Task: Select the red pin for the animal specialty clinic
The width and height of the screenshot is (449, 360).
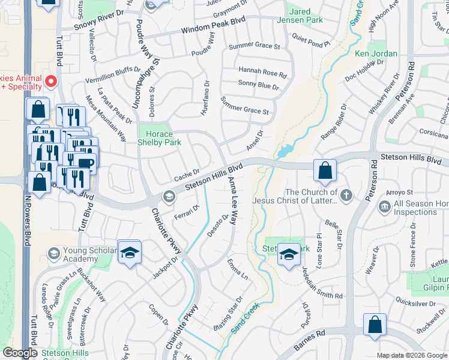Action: point(51,81)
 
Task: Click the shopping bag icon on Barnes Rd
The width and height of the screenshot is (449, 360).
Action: point(375,325)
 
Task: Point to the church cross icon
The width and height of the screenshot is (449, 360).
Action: point(346,195)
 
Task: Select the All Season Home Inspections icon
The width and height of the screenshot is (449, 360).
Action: point(384,207)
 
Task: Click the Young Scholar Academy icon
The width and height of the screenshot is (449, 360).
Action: point(53,254)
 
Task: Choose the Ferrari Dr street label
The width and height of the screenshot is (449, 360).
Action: point(187,212)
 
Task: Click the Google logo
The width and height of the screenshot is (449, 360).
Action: point(20,353)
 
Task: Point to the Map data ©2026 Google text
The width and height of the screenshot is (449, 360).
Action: point(411,355)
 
